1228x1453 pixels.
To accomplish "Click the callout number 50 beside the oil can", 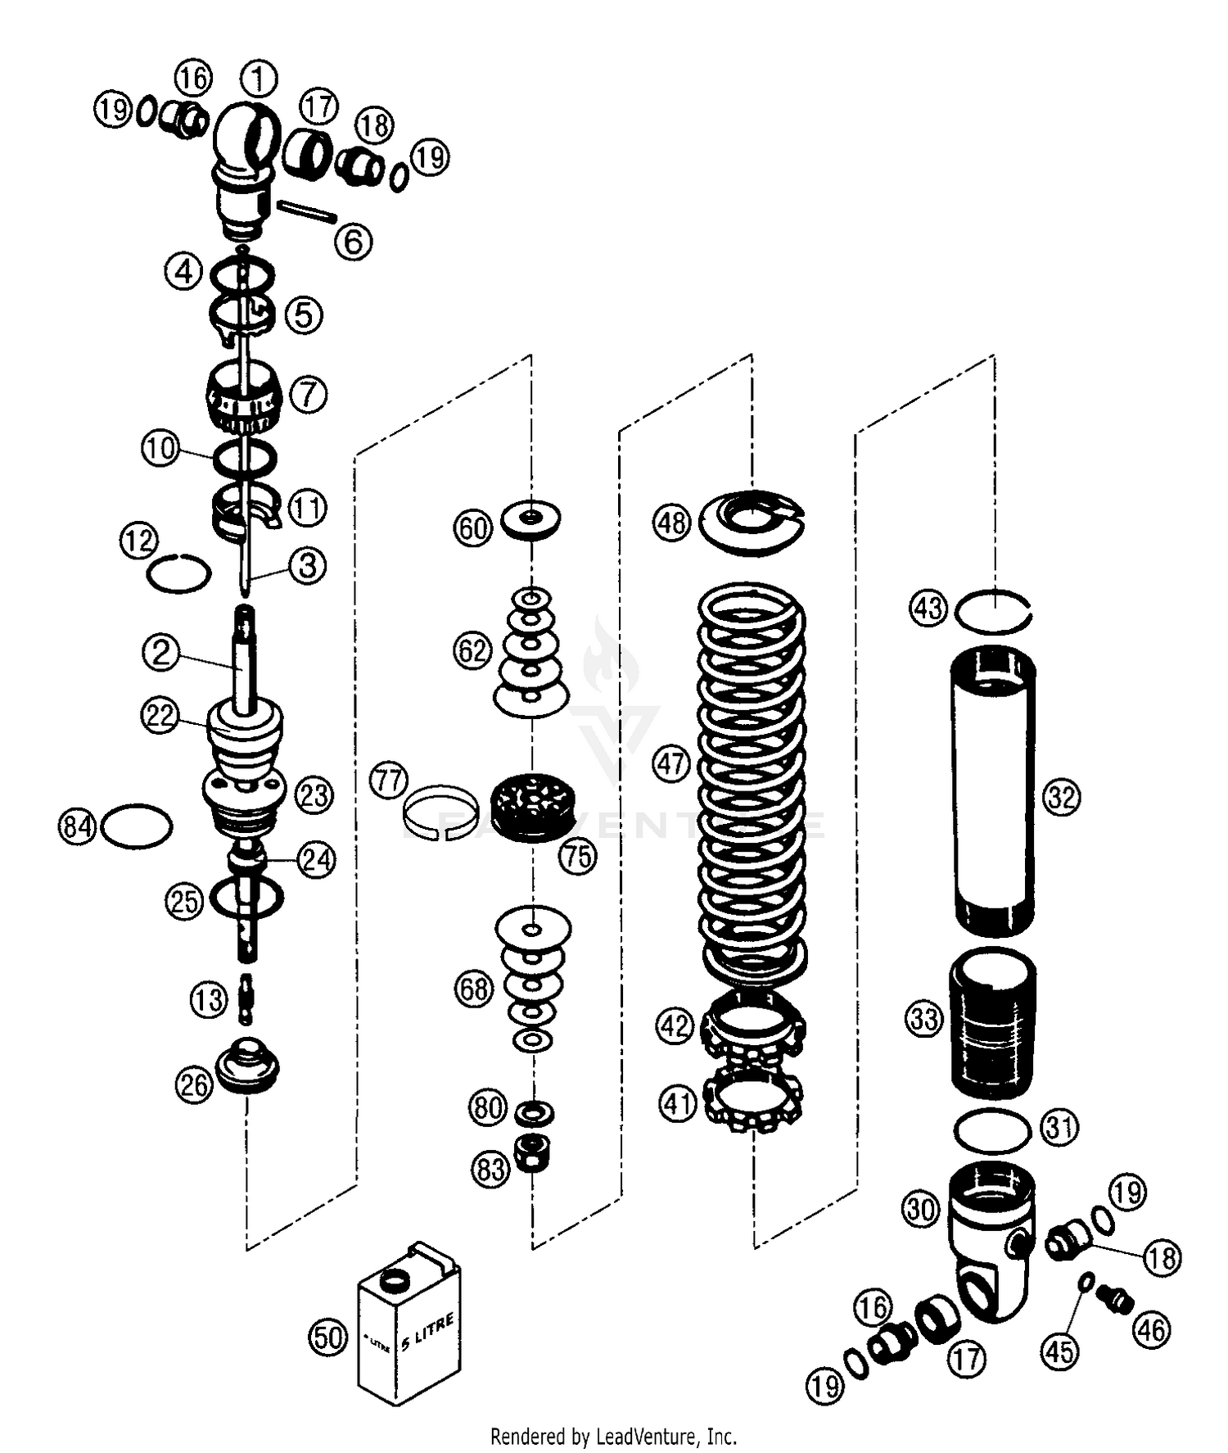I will tap(327, 1337).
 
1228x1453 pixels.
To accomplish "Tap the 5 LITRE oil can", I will tap(409, 1327).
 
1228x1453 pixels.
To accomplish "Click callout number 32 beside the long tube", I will tap(1062, 797).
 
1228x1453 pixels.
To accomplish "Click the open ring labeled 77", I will tap(440, 813).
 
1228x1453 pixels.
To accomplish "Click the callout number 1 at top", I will tap(260, 79).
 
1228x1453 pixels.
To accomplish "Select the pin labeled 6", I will tap(306, 210).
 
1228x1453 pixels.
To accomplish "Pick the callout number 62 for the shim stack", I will tap(472, 651).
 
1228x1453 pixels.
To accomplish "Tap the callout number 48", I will tap(672, 522).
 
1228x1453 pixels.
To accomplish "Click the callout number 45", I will tap(1059, 1351).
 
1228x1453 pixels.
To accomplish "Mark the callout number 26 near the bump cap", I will tap(194, 1085).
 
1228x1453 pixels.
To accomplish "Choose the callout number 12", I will tap(138, 540).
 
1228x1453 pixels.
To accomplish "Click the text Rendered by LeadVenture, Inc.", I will tap(613, 1436).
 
